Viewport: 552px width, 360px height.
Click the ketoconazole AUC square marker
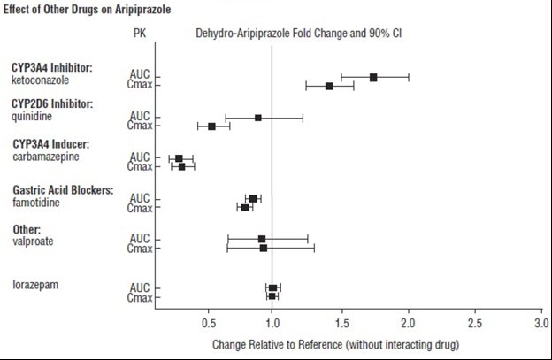(373, 78)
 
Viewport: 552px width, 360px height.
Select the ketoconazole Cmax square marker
(329, 86)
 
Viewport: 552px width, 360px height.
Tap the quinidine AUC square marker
(258, 118)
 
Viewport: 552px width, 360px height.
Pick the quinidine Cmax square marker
(211, 126)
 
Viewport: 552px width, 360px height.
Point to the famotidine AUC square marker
(253, 199)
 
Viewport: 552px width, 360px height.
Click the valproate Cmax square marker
(264, 248)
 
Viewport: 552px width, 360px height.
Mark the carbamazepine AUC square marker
(179, 158)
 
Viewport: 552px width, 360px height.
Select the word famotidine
(35, 199)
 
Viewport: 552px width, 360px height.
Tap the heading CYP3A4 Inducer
(53, 143)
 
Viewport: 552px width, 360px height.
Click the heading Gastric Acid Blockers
(62, 189)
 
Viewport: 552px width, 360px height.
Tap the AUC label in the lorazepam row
(139, 287)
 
